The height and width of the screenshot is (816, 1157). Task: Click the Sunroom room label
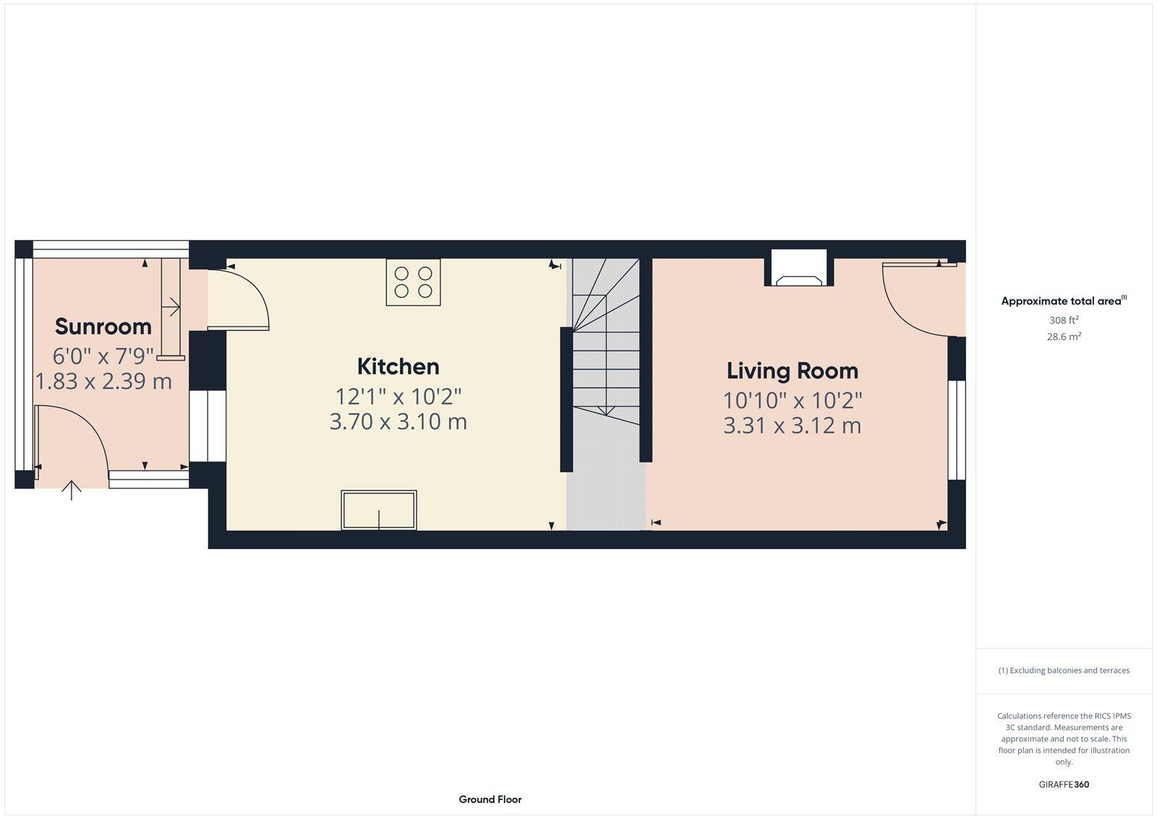(103, 326)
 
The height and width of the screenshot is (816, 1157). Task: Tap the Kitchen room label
(398, 366)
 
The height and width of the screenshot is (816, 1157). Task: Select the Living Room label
(793, 370)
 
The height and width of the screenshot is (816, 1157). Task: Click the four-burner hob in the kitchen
(413, 282)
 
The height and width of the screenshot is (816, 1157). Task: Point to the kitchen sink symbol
(379, 510)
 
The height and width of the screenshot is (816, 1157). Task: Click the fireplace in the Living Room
(799, 269)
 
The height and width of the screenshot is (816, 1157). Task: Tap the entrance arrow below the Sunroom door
(71, 490)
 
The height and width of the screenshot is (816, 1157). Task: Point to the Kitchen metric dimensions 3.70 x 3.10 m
(398, 422)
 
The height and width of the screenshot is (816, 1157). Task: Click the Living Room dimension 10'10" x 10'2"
(793, 400)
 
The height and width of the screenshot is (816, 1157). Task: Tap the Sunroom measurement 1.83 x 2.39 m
(103, 381)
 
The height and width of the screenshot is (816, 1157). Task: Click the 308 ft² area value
(1064, 320)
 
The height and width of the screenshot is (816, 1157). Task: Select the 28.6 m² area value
(1064, 336)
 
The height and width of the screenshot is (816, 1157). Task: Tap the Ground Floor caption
(490, 799)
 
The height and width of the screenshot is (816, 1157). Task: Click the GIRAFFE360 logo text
(1064, 784)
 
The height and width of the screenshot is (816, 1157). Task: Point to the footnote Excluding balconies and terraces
(1064, 671)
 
